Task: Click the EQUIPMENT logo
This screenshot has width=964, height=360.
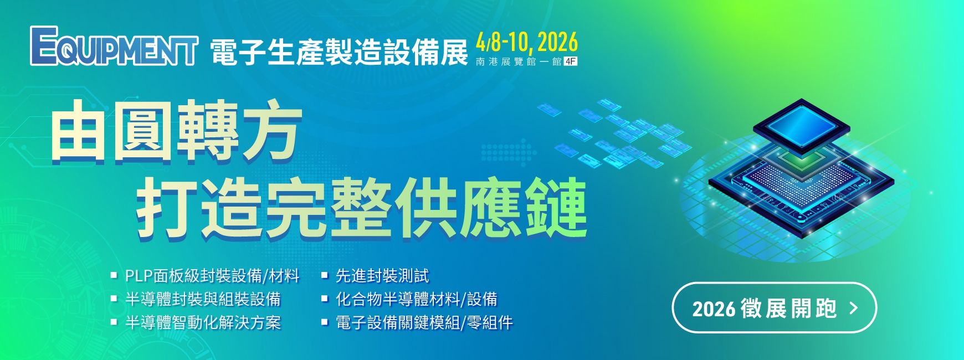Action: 114,46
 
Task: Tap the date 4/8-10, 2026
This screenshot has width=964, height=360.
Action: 527,42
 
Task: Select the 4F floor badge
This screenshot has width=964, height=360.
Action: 571,61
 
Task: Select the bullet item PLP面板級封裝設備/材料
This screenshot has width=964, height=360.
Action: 212,275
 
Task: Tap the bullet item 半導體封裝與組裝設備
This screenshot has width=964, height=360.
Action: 203,299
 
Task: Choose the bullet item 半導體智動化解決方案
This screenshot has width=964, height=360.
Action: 203,322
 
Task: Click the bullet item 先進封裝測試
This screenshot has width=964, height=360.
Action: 382,275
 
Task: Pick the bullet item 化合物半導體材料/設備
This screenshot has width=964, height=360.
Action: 417,299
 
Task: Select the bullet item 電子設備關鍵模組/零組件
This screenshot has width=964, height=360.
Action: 424,322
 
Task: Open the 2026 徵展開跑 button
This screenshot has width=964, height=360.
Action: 774,308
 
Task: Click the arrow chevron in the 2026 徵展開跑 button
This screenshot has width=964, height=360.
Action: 854,308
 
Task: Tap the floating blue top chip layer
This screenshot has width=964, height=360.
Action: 801,126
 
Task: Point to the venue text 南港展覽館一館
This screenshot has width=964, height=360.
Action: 519,61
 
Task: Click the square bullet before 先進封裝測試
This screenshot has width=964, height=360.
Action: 325,275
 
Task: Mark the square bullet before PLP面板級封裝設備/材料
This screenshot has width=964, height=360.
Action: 114,275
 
